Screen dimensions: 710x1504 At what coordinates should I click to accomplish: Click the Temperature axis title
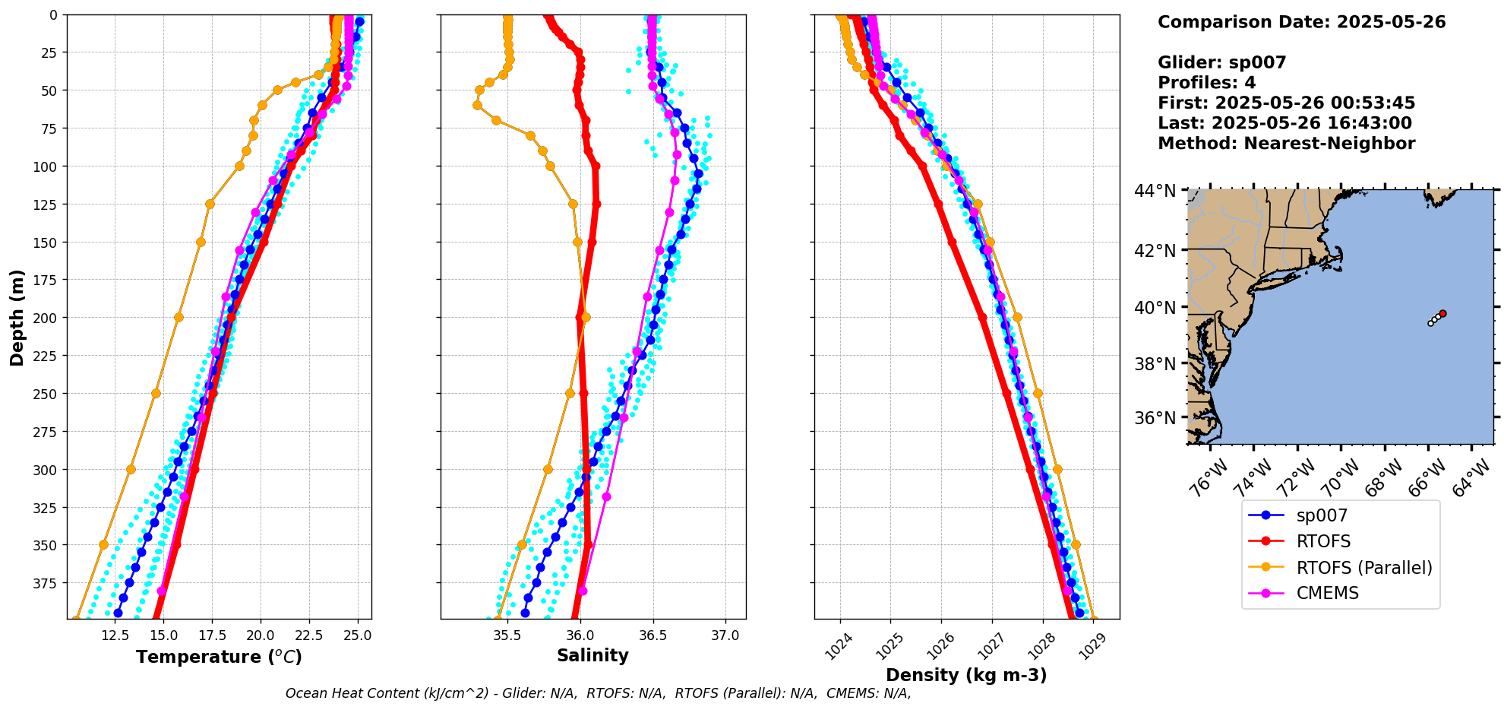[x=219, y=657]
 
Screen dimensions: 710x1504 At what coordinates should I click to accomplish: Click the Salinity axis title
[x=592, y=655]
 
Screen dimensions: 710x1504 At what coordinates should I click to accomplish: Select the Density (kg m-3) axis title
[x=966, y=675]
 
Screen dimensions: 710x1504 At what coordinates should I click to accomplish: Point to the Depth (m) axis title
[x=17, y=317]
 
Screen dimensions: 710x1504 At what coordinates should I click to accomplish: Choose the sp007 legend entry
[x=1322, y=515]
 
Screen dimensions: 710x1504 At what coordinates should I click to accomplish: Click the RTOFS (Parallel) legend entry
[x=1364, y=568]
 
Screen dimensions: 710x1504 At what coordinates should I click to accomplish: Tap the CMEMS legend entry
[x=1327, y=593]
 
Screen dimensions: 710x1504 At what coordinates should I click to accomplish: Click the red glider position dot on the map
[x=1442, y=313]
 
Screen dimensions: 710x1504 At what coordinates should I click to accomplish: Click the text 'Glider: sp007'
[x=1221, y=62]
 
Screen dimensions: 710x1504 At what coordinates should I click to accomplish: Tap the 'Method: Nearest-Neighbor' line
[x=1286, y=144]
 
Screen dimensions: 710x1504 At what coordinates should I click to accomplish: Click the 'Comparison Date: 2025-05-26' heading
[x=1301, y=22]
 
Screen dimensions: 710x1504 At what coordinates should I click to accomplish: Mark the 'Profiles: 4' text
[x=1206, y=83]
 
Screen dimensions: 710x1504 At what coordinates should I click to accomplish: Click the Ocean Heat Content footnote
[x=598, y=693]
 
